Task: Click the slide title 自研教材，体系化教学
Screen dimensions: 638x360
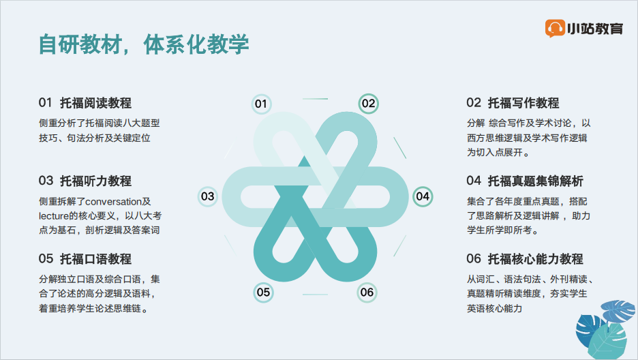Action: pyautogui.click(x=144, y=44)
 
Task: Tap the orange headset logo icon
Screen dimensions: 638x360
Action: pyautogui.click(x=555, y=28)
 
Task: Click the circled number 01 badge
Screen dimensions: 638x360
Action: pyautogui.click(x=261, y=104)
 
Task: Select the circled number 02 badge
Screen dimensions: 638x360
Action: pyautogui.click(x=368, y=104)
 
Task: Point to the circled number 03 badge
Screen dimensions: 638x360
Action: pyautogui.click(x=207, y=196)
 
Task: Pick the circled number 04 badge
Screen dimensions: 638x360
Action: pyautogui.click(x=423, y=196)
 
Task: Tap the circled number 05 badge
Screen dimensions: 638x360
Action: pyautogui.click(x=263, y=292)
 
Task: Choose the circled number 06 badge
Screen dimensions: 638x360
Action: pyautogui.click(x=367, y=292)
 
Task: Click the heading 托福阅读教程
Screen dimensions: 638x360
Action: pyautogui.click(x=95, y=103)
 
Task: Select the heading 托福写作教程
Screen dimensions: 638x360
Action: pyautogui.click(x=523, y=103)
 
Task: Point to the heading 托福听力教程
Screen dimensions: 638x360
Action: pyautogui.click(x=95, y=181)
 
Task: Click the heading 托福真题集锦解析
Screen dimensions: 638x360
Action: pyautogui.click(x=536, y=181)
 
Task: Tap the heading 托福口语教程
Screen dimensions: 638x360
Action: pyautogui.click(x=95, y=258)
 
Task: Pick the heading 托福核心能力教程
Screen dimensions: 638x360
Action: pyautogui.click(x=536, y=258)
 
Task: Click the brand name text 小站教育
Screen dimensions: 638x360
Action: pyautogui.click(x=595, y=29)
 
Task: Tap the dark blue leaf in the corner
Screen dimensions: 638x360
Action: pyautogui.click(x=588, y=330)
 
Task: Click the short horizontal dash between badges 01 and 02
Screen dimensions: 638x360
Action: pyautogui.click(x=316, y=99)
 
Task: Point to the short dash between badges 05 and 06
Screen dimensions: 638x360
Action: pyautogui.click(x=316, y=294)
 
